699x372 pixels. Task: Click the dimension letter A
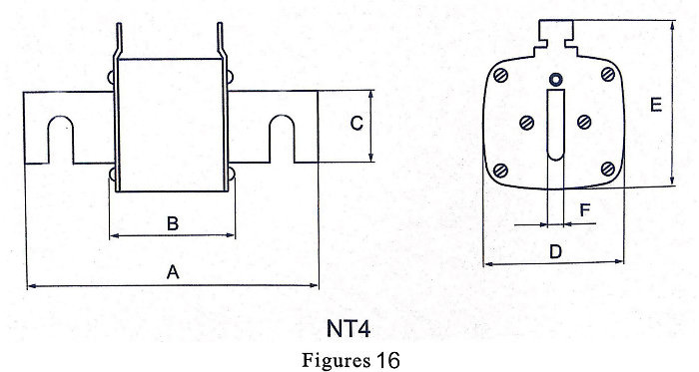pos(173,272)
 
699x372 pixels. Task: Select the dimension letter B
pos(173,223)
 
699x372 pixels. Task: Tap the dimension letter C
pos(356,124)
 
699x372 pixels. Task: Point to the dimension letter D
pos(555,252)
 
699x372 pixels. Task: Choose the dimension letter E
pos(656,105)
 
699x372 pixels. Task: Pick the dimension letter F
pos(585,209)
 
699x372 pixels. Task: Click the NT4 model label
pos(349,329)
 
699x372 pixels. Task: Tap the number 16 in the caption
pos(387,359)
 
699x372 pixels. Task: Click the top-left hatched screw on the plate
pos(501,76)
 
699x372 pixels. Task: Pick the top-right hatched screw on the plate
pos(608,75)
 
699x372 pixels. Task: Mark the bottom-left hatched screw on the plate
pos(501,171)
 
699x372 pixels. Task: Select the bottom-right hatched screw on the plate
pos(608,170)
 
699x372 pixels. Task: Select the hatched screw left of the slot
pos(527,123)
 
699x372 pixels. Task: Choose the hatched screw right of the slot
pos(584,122)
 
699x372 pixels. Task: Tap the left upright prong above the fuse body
pos(119,40)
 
